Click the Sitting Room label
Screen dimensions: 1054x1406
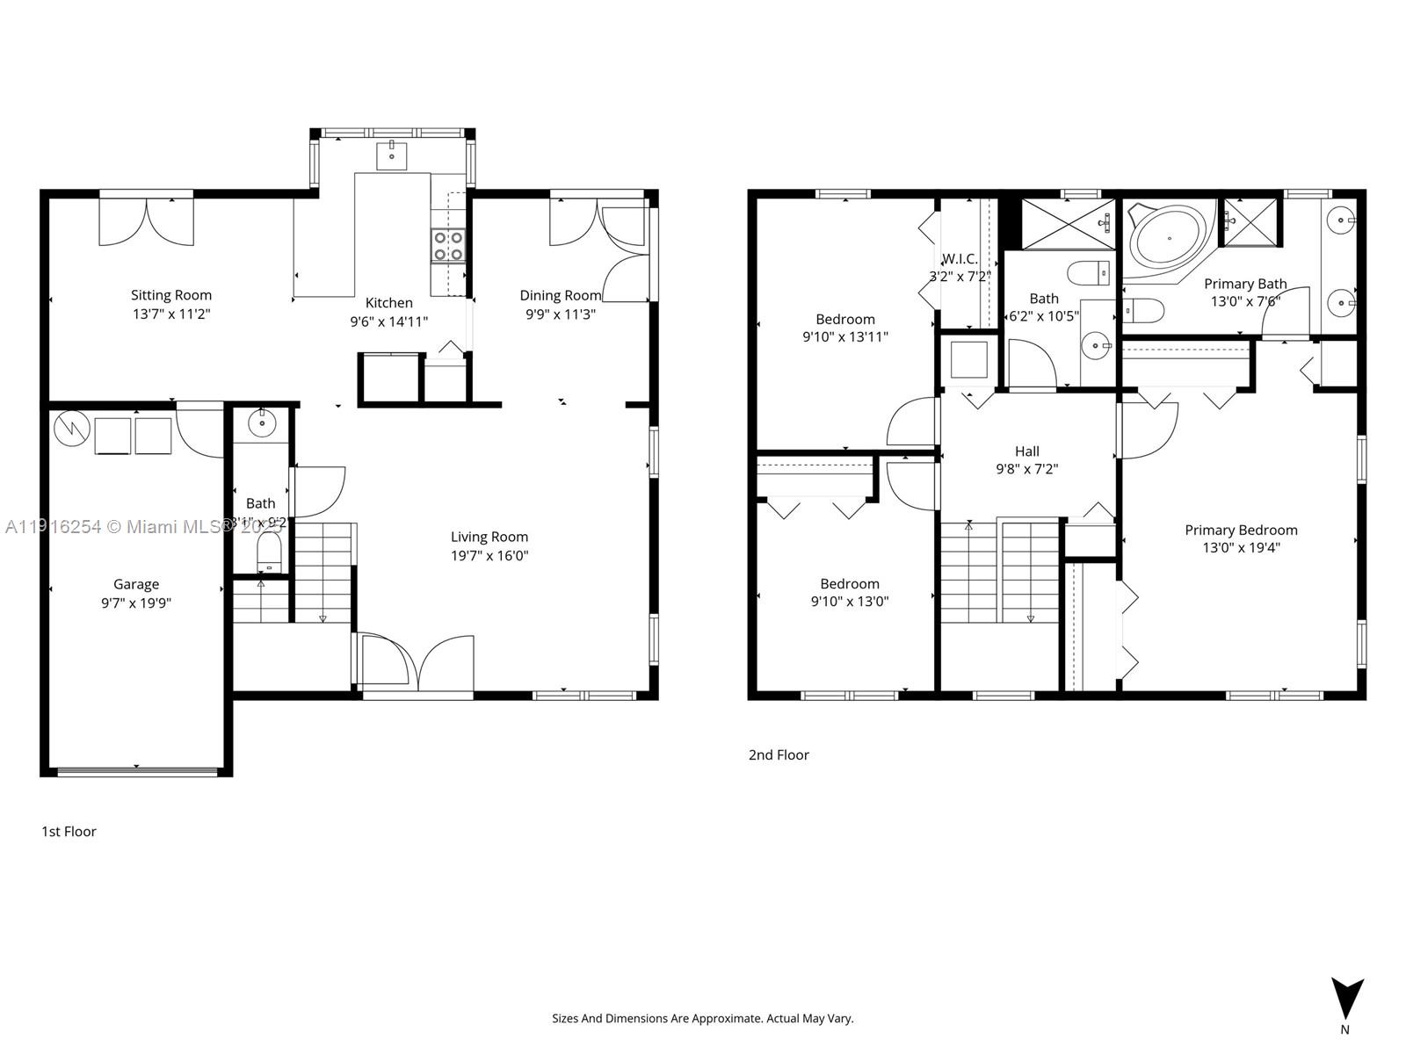tap(171, 295)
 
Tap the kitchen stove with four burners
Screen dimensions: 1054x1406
tap(448, 245)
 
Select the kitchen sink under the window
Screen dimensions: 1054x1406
tap(391, 155)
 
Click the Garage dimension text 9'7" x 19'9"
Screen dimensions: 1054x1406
tap(136, 603)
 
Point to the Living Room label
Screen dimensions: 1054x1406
tap(489, 537)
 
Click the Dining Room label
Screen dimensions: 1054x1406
tap(560, 295)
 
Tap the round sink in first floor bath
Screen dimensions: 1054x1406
tap(262, 423)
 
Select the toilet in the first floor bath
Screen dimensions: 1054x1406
tap(269, 554)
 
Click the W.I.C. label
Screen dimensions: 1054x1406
tap(960, 259)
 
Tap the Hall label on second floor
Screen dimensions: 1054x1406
tap(1026, 451)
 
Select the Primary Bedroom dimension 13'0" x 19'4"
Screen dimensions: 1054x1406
tap(1241, 548)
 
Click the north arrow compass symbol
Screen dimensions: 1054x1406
tap(1346, 1000)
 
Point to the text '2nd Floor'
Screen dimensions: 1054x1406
tap(779, 754)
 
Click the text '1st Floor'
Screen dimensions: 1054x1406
tap(69, 831)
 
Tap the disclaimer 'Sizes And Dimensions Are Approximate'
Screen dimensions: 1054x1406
tap(702, 1019)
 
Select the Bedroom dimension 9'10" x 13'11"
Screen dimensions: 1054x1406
tap(844, 337)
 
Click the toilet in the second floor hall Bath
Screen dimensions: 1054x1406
tap(1090, 272)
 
